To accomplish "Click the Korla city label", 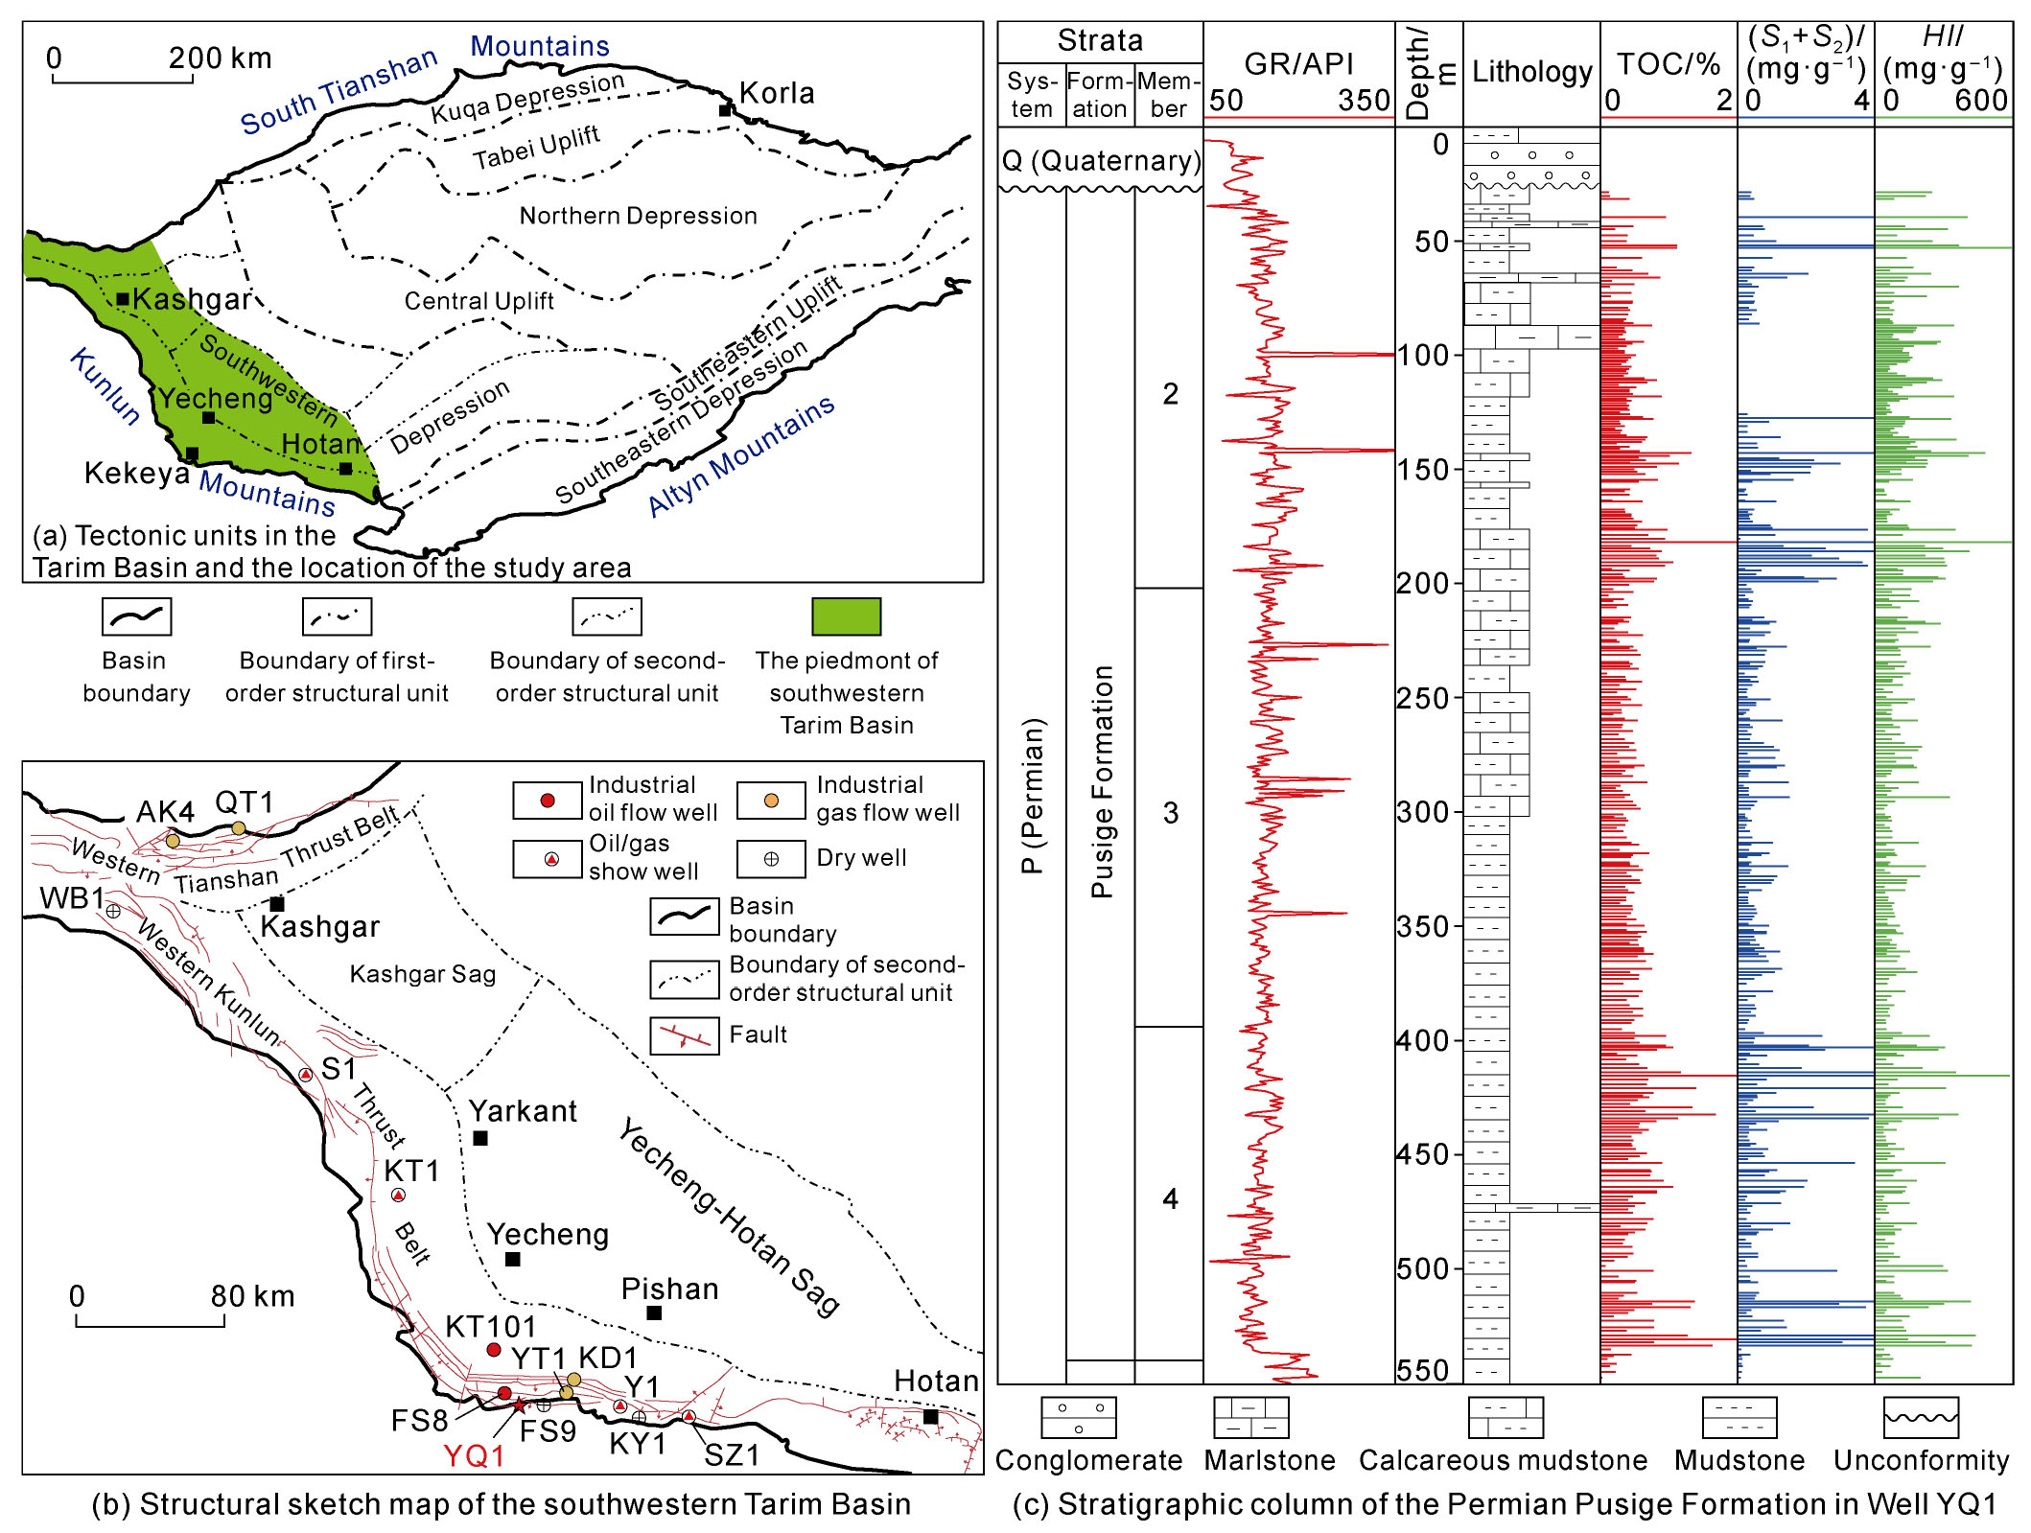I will pos(777,93).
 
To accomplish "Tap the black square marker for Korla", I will pos(725,110).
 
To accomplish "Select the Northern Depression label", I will pos(638,216).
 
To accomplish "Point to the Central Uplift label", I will pos(479,301).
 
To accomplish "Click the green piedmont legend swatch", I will pos(846,616).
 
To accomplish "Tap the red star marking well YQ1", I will pos(519,1405).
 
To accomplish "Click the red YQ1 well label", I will pos(474,1455).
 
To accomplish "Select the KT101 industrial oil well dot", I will pos(494,1350).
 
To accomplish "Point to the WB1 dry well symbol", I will pos(113,911).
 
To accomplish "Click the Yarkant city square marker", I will pos(480,1138).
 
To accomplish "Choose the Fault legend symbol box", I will pos(684,1035).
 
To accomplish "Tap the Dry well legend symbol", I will pos(771,859).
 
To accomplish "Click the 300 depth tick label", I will pos(1428,812).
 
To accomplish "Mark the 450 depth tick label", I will pos(1428,1154).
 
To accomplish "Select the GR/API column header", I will pos(1298,63).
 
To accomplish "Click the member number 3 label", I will pos(1170,813).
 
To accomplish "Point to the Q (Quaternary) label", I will pos(1101,160).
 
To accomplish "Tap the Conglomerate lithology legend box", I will pos(1078,1417).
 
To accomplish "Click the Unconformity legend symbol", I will pos(1921,1417).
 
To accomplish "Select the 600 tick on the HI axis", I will pos(1981,101).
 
